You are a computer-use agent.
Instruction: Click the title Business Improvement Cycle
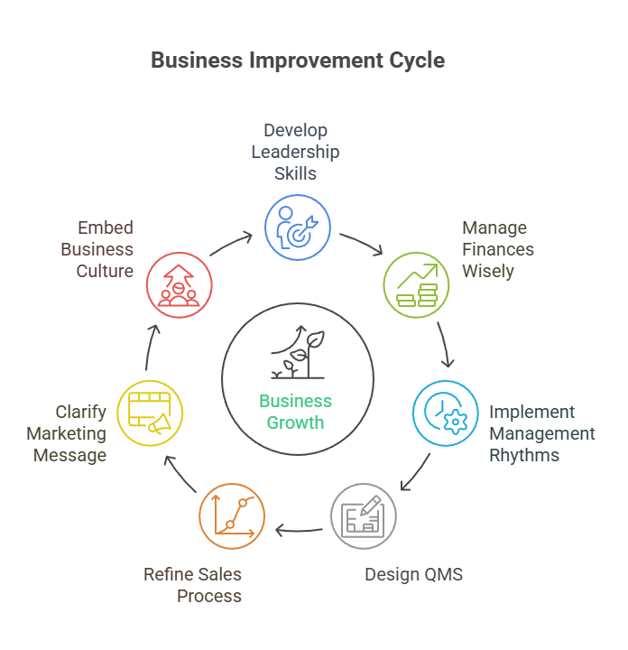297,60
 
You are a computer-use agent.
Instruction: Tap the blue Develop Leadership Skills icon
297,226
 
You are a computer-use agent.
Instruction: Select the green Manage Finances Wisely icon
416,285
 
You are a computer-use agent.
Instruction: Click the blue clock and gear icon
446,413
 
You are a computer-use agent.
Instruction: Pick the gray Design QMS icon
363,516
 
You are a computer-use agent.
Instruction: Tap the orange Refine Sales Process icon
232,516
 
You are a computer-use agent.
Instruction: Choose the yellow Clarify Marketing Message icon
150,413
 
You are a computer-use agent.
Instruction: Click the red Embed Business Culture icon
179,285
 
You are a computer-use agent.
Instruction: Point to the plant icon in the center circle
295,357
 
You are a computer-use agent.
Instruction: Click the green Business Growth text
296,412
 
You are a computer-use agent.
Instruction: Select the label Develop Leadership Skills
295,152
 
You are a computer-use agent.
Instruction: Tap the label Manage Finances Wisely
498,249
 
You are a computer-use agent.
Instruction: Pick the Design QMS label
413,574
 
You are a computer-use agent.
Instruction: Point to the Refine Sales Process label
193,585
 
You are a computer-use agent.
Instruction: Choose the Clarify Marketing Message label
67,433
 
